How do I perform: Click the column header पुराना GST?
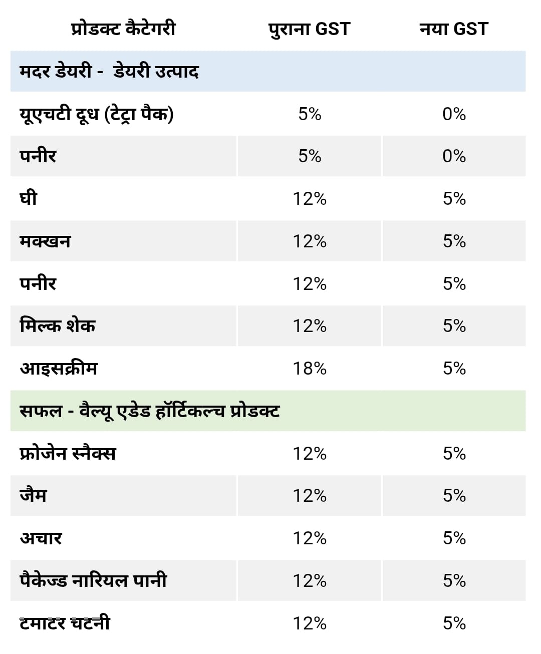[x=309, y=29]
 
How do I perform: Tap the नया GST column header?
[x=453, y=29]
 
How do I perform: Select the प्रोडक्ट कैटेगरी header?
[x=123, y=29]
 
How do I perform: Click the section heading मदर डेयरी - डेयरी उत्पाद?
[x=109, y=71]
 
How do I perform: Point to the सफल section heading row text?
[x=149, y=411]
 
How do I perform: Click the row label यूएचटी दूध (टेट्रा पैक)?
[x=96, y=114]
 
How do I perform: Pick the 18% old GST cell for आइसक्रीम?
[x=310, y=369]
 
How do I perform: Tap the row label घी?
[x=29, y=199]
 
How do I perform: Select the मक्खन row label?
[x=45, y=241]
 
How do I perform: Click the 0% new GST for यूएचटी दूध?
[x=454, y=114]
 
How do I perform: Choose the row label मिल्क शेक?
[x=58, y=326]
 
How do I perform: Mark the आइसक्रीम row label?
[x=59, y=369]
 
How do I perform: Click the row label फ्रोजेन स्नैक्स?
[x=68, y=454]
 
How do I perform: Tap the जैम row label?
[x=33, y=496]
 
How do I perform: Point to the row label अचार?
[x=41, y=538]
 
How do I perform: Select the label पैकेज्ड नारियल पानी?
[x=93, y=581]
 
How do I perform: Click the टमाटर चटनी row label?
[x=65, y=623]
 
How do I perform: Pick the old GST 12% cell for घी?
[x=310, y=199]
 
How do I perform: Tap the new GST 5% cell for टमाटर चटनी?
[x=454, y=623]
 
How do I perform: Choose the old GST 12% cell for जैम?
[x=310, y=496]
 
